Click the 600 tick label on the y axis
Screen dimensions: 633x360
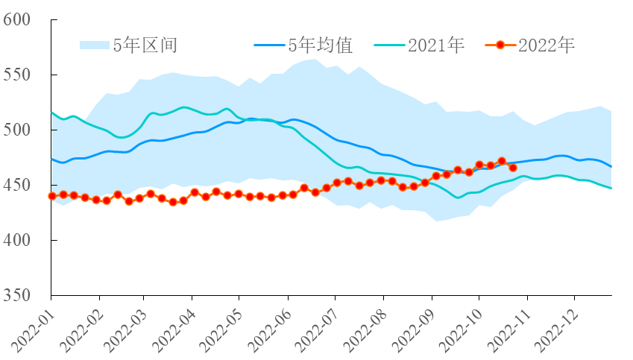[16, 19]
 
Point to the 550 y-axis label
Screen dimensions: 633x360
[16, 75]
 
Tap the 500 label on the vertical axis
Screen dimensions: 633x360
[16, 130]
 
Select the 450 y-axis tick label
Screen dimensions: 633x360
[16, 186]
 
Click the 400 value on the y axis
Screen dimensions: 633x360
[16, 240]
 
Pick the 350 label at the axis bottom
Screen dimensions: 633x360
[16, 295]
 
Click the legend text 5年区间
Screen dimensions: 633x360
[145, 45]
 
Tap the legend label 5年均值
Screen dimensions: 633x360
[321, 45]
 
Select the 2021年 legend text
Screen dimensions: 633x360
[436, 45]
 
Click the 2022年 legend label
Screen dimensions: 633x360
[547, 45]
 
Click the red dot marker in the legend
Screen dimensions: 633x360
[500, 45]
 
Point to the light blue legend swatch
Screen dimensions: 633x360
[95, 45]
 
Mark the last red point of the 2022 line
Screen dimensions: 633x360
[513, 168]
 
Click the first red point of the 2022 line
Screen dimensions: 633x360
[52, 196]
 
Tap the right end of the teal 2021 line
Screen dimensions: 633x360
[611, 188]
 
